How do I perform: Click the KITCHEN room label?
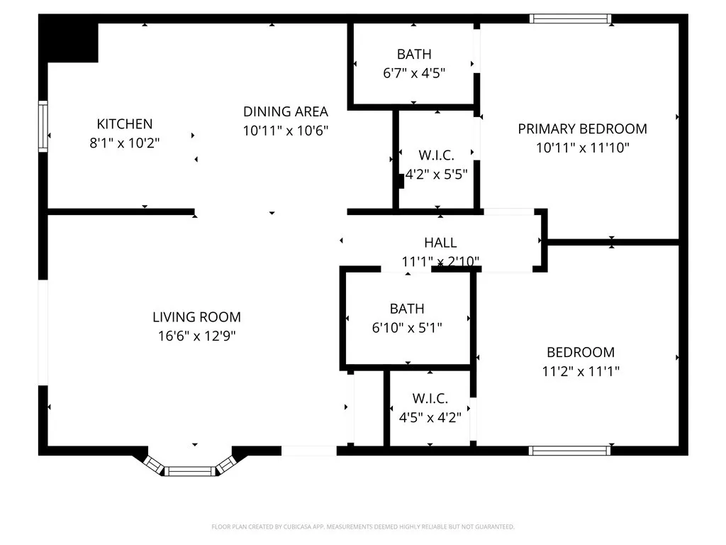point(125,124)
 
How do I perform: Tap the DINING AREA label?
point(286,111)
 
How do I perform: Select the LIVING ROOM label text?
point(196,317)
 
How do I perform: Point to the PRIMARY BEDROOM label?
point(582,129)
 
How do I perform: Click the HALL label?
point(440,243)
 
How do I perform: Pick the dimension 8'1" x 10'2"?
point(125,143)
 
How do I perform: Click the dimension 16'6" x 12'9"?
point(196,336)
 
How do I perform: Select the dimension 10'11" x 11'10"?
point(582,148)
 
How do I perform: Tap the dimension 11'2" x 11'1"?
point(580,370)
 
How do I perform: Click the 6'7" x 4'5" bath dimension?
point(414,72)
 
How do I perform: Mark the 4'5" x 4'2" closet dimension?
point(430,417)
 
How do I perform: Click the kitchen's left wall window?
point(43,126)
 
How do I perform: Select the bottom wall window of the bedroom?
point(570,450)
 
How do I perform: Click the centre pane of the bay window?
point(190,470)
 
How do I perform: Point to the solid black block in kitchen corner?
point(69,41)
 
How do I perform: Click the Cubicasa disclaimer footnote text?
point(363,527)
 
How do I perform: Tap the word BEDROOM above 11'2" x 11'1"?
point(580,352)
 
